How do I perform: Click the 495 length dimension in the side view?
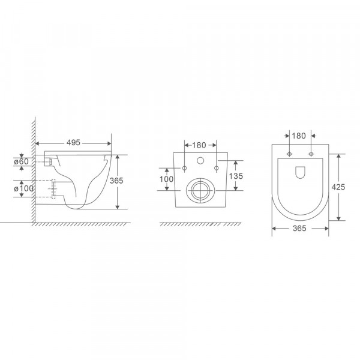pyautogui.click(x=74, y=143)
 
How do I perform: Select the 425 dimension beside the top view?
pyautogui.click(x=339, y=186)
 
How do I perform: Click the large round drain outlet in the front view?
pyautogui.click(x=199, y=191)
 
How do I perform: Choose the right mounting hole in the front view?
pyautogui.click(x=213, y=167)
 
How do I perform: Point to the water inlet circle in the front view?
pyautogui.click(x=199, y=161)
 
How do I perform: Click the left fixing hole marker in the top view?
pyautogui.click(x=290, y=154)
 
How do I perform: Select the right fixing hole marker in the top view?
pyautogui.click(x=310, y=154)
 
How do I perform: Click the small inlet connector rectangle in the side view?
pyautogui.click(x=49, y=161)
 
